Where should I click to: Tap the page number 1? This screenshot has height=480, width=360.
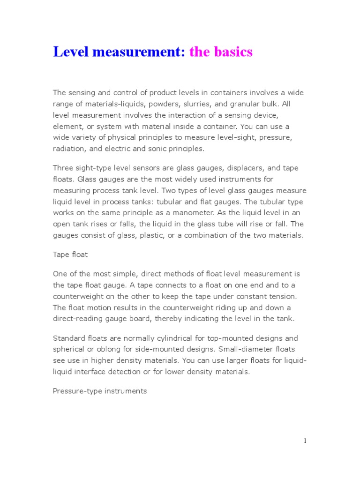click(x=305, y=440)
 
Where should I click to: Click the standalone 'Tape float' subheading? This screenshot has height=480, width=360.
click(x=70, y=255)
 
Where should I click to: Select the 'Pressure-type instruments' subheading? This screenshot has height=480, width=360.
click(x=100, y=390)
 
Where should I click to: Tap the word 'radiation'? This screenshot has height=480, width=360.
click(x=69, y=149)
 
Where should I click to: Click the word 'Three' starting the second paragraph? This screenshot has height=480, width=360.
click(x=63, y=168)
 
